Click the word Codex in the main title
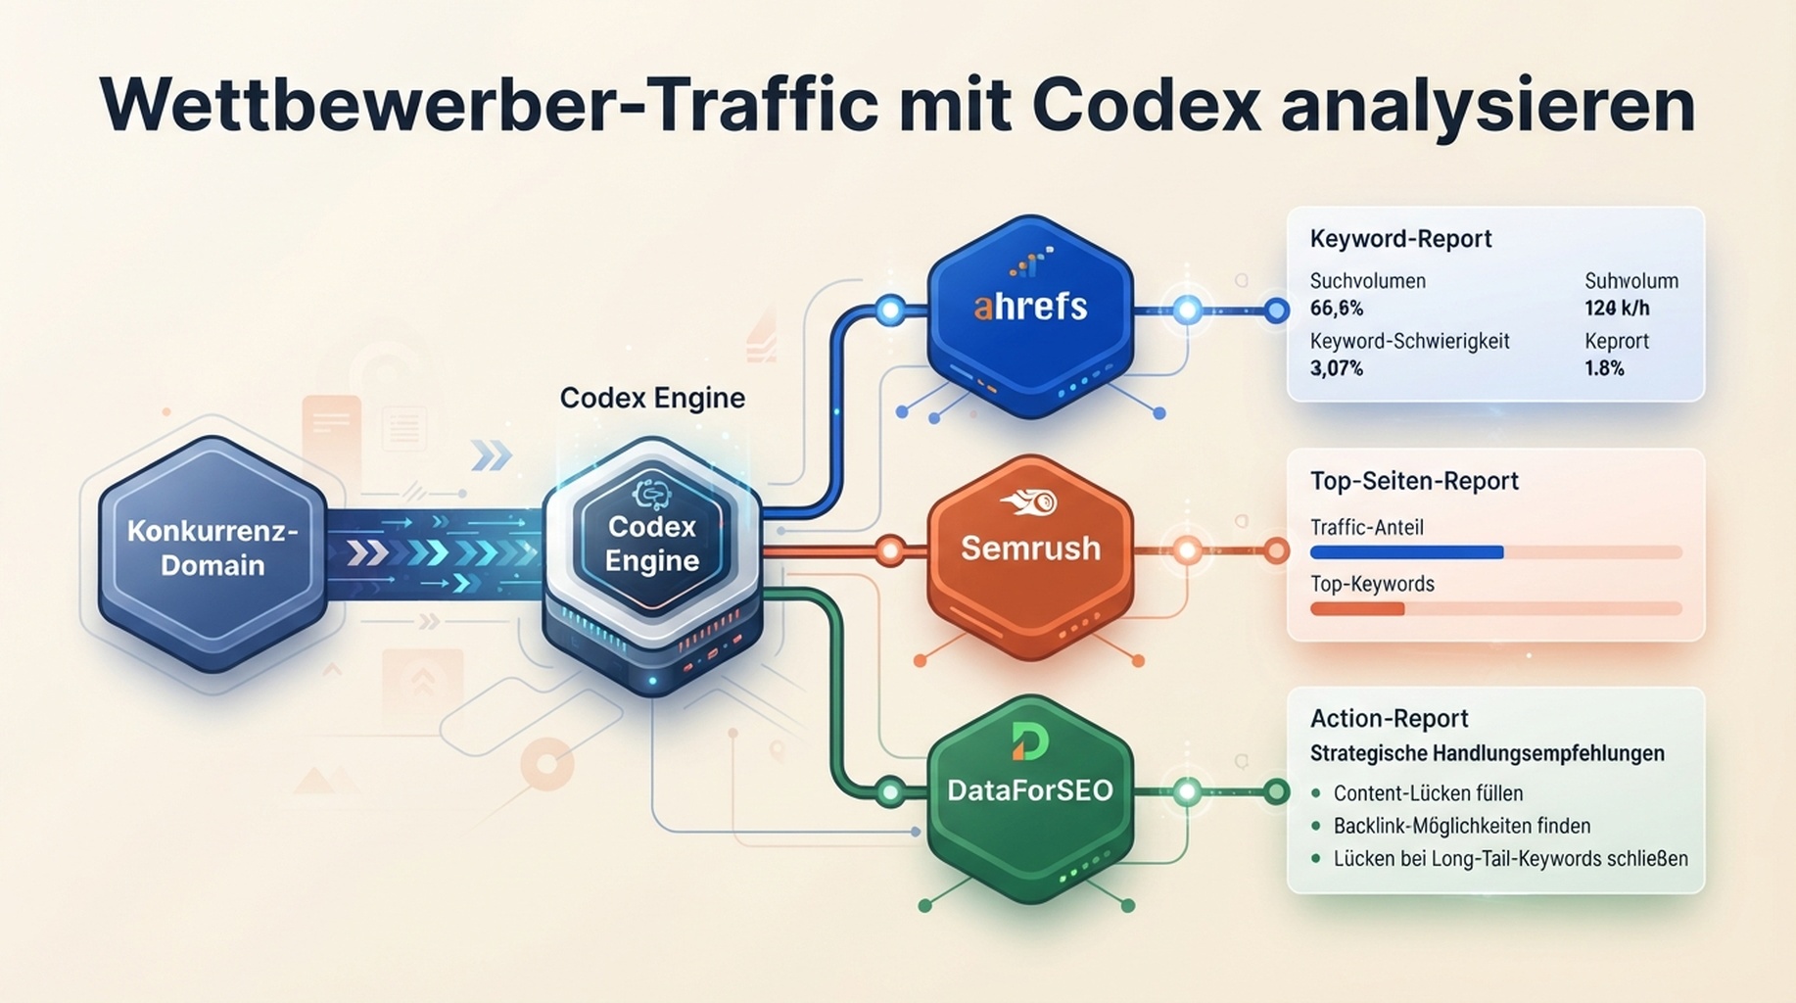[x=1147, y=105]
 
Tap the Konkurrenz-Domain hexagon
[x=213, y=553]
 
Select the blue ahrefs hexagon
[x=1030, y=315]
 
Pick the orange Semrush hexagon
[x=1030, y=555]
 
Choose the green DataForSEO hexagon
[x=1030, y=797]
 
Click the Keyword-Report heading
[x=1400, y=239]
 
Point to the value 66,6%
[x=1337, y=309]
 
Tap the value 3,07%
[x=1337, y=368]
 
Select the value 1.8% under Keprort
[x=1604, y=368]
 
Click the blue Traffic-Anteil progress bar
[x=1406, y=552]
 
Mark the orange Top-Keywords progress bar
[x=1357, y=609]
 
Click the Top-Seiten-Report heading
[x=1414, y=481]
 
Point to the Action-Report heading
[x=1389, y=719]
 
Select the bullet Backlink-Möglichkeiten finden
[x=1462, y=826]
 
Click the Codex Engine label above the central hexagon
[x=652, y=398]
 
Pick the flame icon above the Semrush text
[x=1029, y=502]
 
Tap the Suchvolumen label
[x=1367, y=281]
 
